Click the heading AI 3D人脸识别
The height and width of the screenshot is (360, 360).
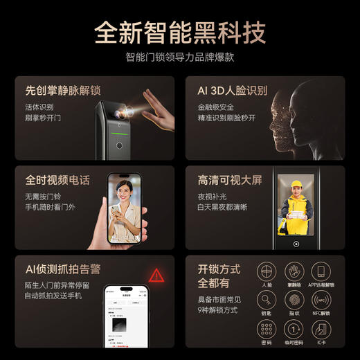(233, 91)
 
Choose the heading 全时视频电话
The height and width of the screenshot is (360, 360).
(57, 180)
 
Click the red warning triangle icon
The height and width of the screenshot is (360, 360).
(157, 275)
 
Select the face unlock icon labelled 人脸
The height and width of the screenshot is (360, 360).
(267, 271)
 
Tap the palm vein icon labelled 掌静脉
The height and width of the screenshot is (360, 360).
(294, 271)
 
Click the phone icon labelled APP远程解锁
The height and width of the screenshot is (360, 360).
(321, 271)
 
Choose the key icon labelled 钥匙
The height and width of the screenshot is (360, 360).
(267, 300)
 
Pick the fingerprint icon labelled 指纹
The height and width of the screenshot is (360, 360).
(294, 300)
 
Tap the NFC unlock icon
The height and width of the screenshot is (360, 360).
(321, 300)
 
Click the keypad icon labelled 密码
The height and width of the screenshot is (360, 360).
(267, 329)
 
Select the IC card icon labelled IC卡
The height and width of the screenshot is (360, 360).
(321, 329)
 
